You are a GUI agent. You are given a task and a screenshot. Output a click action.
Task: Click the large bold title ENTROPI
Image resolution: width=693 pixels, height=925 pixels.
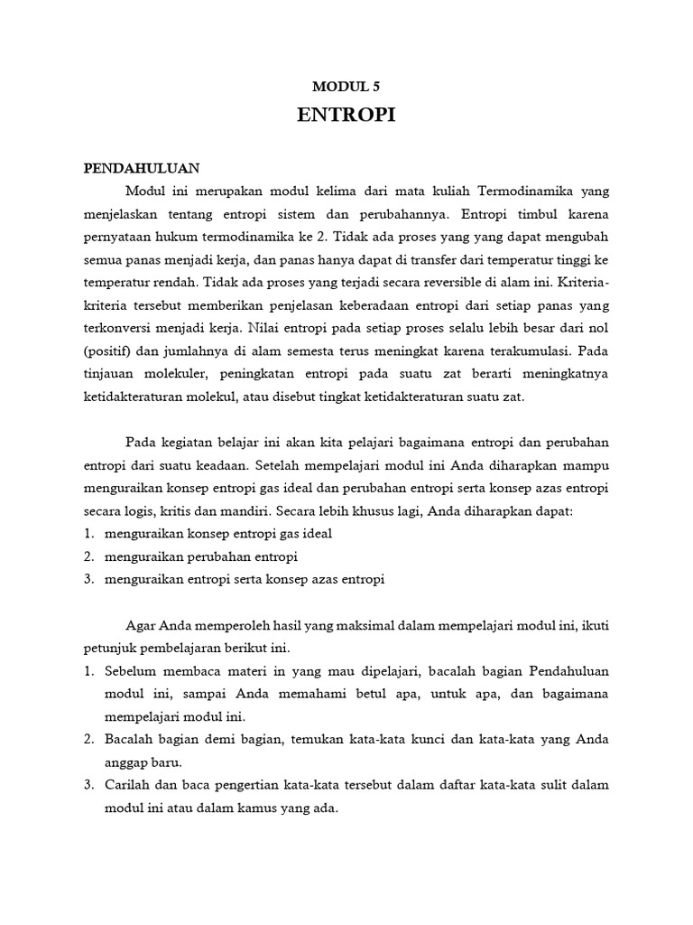coord(346,117)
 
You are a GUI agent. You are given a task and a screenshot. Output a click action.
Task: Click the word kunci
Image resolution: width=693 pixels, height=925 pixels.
coord(442,740)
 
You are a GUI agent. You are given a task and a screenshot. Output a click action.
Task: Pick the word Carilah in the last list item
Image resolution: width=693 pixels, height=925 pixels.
coord(130,786)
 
